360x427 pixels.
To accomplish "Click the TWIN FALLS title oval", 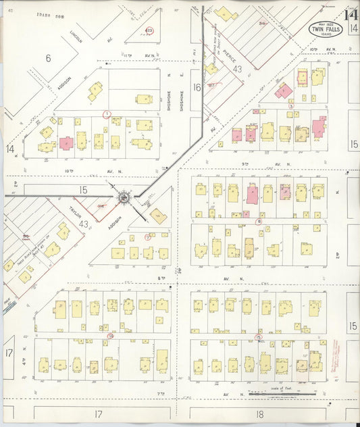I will pos(325,30).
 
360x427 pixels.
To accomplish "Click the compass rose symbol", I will pos(124,197).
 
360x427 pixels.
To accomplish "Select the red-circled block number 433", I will pos(149,30).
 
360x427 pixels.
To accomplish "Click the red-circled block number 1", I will pos(106,114).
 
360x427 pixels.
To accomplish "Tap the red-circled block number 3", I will pos(291,106).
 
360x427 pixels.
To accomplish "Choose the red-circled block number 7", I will pos(147,236).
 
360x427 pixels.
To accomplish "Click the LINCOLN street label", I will pos(75,38).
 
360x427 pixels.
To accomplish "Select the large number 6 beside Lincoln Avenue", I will pos(48,59).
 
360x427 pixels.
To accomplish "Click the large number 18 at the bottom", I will pos(259,413).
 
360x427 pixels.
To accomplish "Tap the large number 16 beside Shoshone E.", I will pos(197,87).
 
